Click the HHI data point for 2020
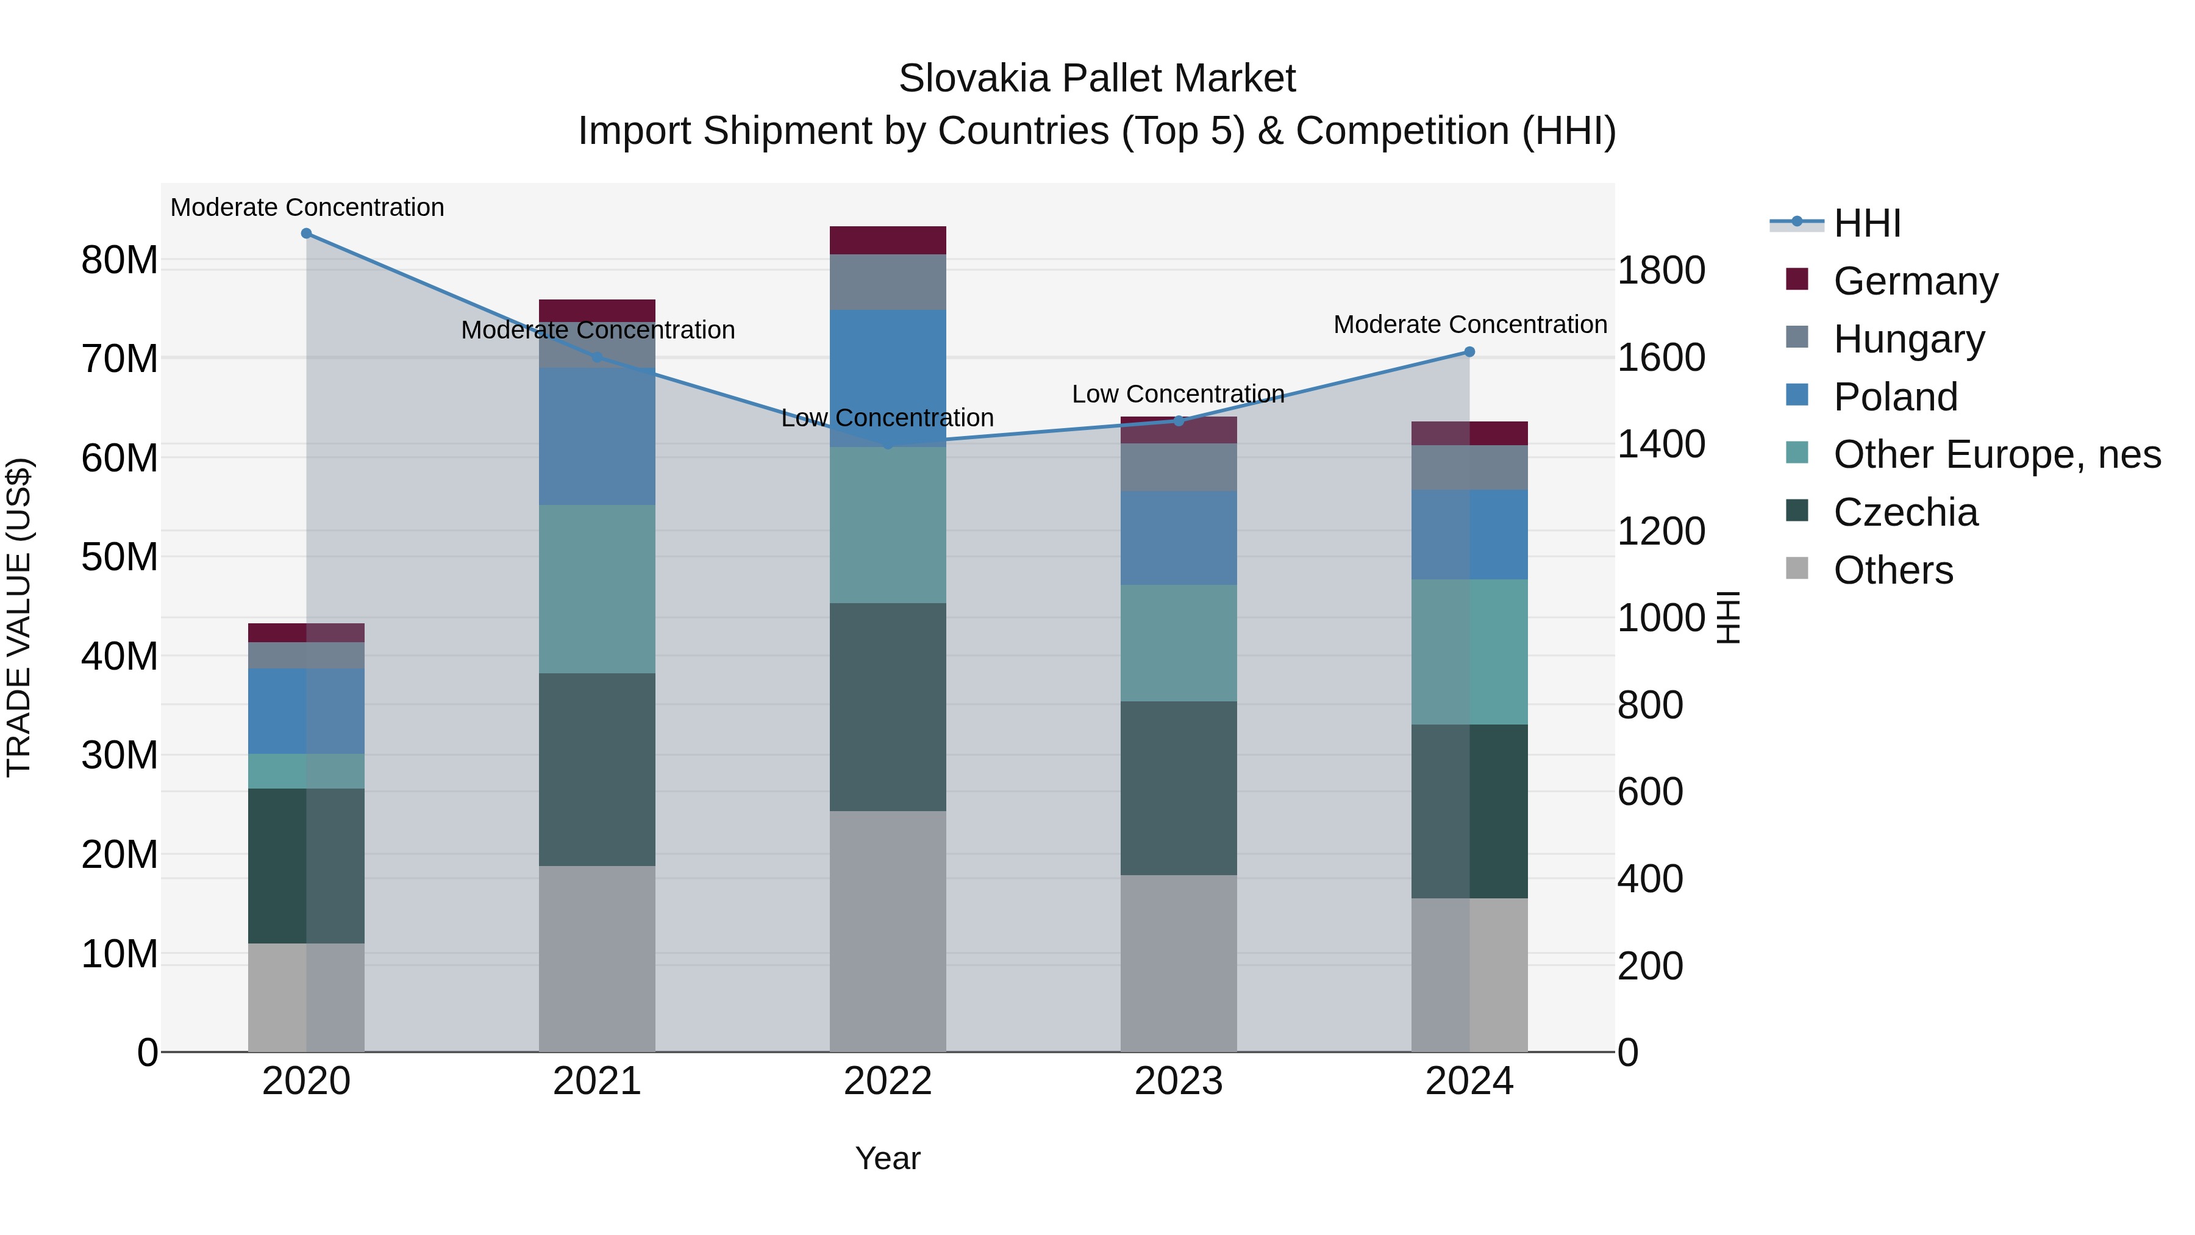coord(306,234)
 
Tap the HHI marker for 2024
coord(1469,352)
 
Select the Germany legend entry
coord(1914,281)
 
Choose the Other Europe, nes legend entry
coord(1996,454)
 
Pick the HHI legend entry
coord(1866,223)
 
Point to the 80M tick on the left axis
coord(120,260)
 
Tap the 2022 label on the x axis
coord(887,1081)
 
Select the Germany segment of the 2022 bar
coord(887,240)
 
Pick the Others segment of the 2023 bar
coord(1179,963)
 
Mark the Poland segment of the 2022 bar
coord(887,378)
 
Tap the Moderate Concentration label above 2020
coord(307,207)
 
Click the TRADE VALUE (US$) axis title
coord(19,617)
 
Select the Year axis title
coord(887,1158)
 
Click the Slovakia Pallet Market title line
coord(1097,79)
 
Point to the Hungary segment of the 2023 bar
coord(1179,467)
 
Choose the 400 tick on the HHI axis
coord(1650,879)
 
